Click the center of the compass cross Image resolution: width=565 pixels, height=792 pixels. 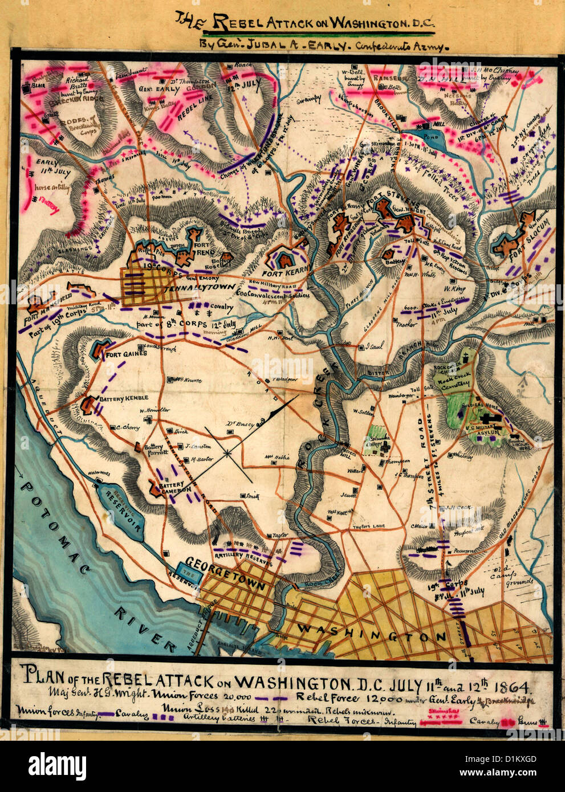click(x=227, y=453)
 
